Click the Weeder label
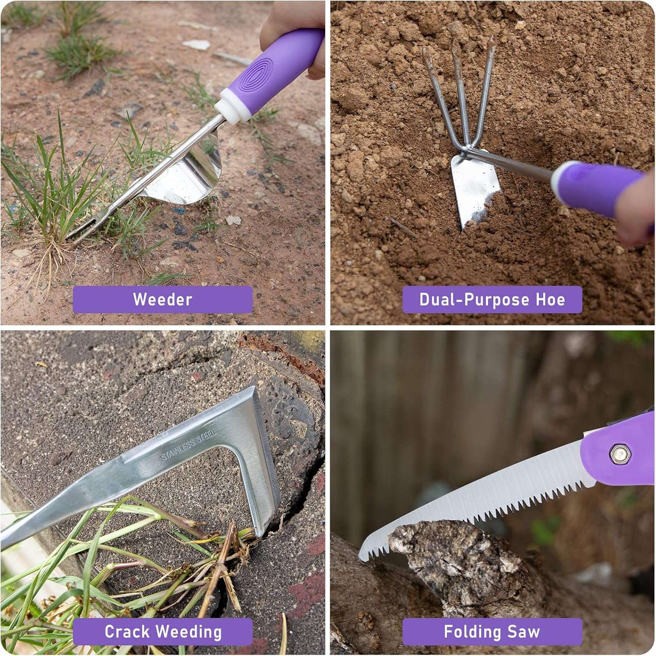(x=163, y=300)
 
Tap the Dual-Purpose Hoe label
(x=492, y=300)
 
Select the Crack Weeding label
(x=163, y=632)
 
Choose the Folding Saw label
(x=492, y=632)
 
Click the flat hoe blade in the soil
(x=475, y=188)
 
